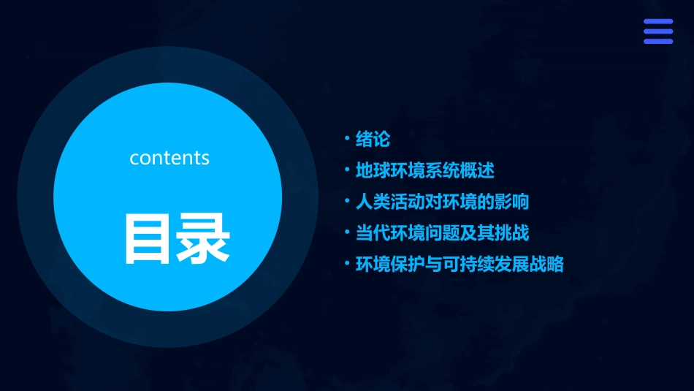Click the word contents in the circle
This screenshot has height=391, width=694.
click(x=169, y=158)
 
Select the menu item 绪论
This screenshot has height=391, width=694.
click(x=373, y=139)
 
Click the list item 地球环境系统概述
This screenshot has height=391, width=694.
click(x=424, y=171)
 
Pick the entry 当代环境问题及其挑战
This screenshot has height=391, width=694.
click(x=441, y=234)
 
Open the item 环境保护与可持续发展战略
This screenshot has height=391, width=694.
click(x=459, y=265)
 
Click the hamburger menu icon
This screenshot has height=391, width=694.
click(x=658, y=31)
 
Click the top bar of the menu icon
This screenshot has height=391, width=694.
click(x=658, y=22)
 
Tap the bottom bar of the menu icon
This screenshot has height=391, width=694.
click(x=658, y=41)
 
